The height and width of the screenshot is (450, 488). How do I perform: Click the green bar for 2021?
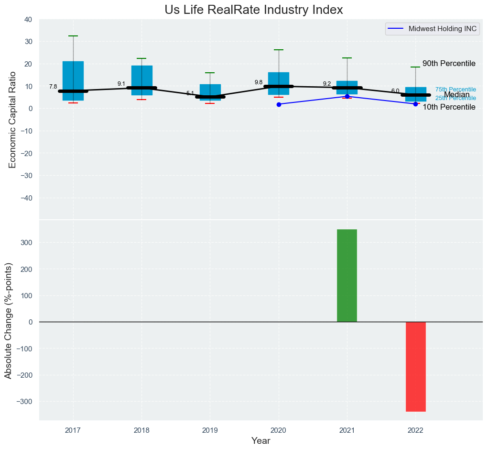coord(347,275)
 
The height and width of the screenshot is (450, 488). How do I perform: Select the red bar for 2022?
coord(415,366)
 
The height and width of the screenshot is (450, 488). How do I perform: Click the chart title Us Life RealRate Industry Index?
coord(254,10)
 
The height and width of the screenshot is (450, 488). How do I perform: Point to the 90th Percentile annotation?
coord(449,64)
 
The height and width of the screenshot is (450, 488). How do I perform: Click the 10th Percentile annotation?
coord(449,107)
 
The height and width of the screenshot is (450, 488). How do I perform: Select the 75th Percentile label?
coord(455,90)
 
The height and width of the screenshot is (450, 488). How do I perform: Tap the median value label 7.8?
coord(53,87)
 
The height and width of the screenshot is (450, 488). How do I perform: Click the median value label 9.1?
coord(121,84)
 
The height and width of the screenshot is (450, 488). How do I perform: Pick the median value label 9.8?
coord(259,82)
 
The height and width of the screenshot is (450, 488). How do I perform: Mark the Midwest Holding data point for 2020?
coord(279,104)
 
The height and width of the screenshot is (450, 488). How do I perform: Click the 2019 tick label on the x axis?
coord(210,430)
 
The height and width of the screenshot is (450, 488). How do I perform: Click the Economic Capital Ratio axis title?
coord(12,119)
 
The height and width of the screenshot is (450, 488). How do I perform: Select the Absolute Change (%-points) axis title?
coord(8,321)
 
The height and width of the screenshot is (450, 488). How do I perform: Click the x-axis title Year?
coord(260,441)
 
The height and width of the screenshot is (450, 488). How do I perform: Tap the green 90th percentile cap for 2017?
coord(73,36)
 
